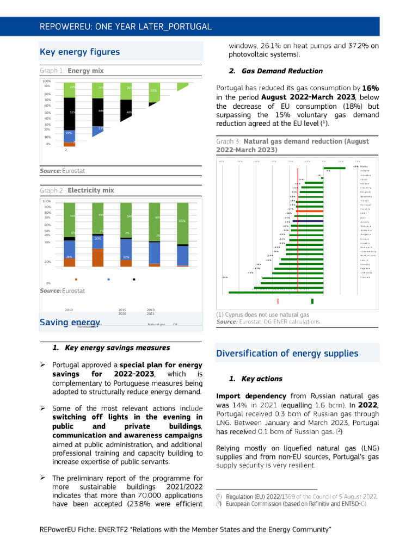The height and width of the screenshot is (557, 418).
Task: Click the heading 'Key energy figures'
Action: pyautogui.click(x=80, y=52)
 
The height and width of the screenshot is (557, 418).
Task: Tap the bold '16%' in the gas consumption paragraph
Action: pyautogui.click(x=371, y=88)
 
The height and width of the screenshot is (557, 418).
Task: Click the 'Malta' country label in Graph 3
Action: pyautogui.click(x=365, y=166)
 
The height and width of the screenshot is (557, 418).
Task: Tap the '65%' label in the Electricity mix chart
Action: pyautogui.click(x=182, y=221)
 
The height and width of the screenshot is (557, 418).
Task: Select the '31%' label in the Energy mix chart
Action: pyautogui.click(x=153, y=90)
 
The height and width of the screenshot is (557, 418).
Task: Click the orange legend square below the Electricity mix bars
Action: pyautogui.click(x=76, y=280)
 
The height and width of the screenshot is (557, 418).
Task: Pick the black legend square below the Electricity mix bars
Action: pyautogui.click(x=134, y=280)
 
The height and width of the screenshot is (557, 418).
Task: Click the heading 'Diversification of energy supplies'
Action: pyautogui.click(x=287, y=354)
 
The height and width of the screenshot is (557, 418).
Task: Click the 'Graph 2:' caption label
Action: pyautogui.click(x=52, y=191)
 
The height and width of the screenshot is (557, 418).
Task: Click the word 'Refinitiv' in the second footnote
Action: pyautogui.click(x=311, y=504)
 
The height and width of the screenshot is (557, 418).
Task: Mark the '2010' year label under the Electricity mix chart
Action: pyautogui.click(x=69, y=310)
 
